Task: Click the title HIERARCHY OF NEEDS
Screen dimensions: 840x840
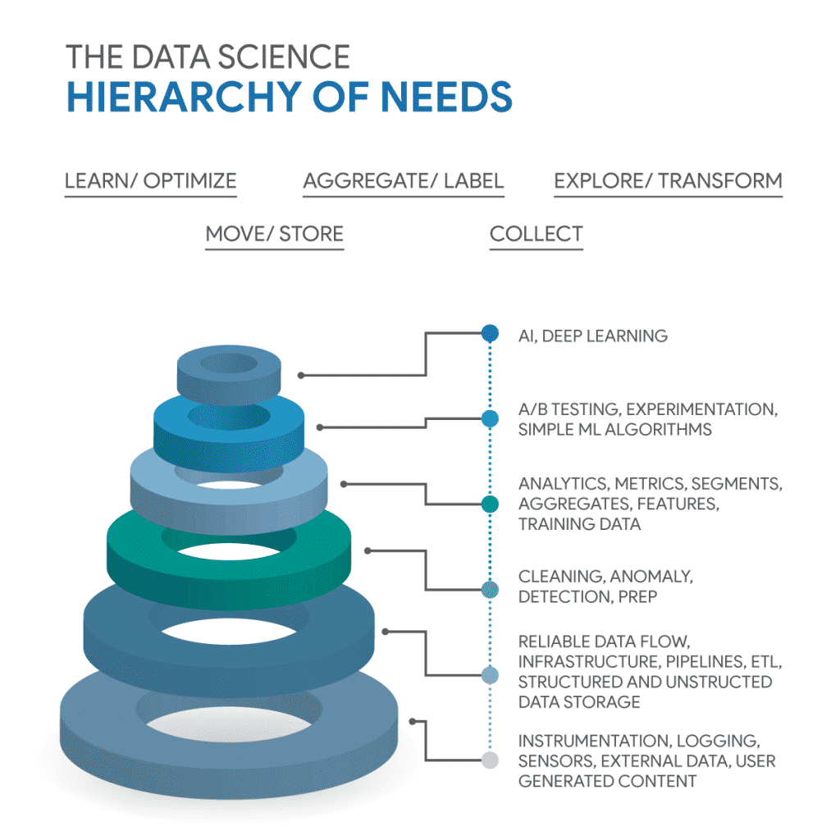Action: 289,97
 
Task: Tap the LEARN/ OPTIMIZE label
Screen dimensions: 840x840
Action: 150,180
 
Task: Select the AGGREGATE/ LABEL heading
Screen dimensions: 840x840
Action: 403,180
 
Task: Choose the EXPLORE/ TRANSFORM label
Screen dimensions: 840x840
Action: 668,180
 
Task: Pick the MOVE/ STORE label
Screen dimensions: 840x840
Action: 274,234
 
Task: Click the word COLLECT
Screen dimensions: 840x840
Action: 536,234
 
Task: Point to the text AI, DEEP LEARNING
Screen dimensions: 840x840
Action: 592,336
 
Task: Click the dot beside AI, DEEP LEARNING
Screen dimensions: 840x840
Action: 490,333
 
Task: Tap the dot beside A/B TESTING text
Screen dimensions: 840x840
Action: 490,418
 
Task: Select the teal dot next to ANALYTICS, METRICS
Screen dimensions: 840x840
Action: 490,504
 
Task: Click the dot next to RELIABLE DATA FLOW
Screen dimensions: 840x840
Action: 490,675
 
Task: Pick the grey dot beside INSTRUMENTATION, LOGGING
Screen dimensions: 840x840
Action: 490,760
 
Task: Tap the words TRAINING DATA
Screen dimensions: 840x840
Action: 579,524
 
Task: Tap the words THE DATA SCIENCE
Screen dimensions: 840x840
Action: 208,57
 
